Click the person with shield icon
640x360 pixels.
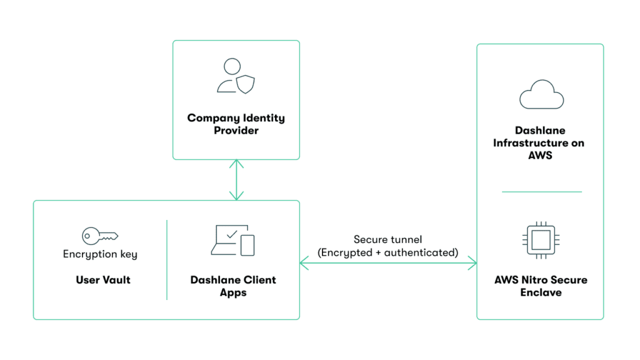click(x=236, y=76)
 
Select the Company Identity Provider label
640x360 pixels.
click(x=236, y=124)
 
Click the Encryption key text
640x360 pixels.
click(x=100, y=254)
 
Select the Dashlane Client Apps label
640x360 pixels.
click(x=233, y=286)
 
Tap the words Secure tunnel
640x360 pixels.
click(x=387, y=239)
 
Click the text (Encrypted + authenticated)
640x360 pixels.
click(x=387, y=252)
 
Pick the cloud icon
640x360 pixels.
click(x=541, y=96)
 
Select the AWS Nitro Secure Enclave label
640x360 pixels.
click(x=541, y=286)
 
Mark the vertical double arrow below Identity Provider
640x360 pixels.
click(x=236, y=179)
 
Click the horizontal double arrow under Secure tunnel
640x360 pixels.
click(x=387, y=264)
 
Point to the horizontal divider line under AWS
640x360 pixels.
click(x=541, y=192)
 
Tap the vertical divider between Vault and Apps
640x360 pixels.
click(x=167, y=259)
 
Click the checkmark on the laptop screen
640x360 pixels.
click(x=232, y=234)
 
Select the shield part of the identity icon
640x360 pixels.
click(x=244, y=85)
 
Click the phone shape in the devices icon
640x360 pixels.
click(x=247, y=245)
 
